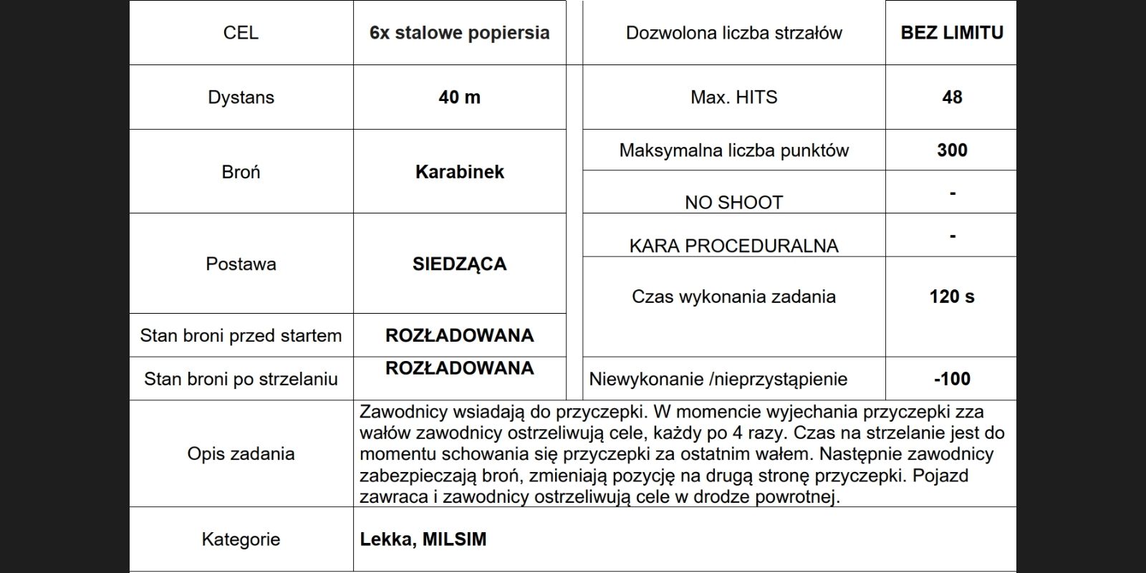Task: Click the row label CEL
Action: [241, 33]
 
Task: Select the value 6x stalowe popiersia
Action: [459, 33]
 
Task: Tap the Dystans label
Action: [241, 97]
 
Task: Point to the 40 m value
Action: [459, 97]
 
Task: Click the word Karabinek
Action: [459, 172]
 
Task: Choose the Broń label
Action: [241, 172]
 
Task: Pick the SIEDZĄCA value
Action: [459, 264]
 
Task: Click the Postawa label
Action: [241, 264]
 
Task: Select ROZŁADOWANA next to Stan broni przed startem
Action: [459, 335]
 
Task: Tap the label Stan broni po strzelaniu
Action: [241, 379]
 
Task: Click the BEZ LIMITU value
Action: [952, 33]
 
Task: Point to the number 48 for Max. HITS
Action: [952, 97]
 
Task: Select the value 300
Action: [952, 150]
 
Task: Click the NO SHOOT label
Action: [733, 203]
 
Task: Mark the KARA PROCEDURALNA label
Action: [733, 246]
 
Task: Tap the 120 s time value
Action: [952, 297]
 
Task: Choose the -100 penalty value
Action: [952, 379]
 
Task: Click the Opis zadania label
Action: [241, 453]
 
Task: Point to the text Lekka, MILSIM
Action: [423, 539]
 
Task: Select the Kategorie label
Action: [241, 539]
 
